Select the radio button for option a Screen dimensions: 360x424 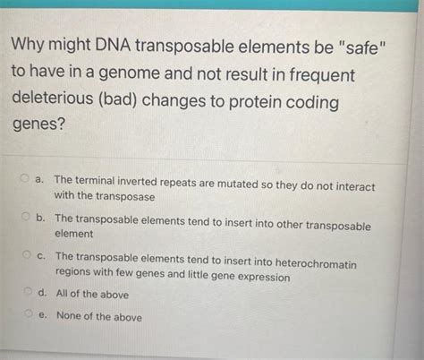pyautogui.click(x=26, y=180)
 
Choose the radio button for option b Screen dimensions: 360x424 pyautogui.click(x=26, y=218)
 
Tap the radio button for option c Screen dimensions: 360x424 pyautogui.click(x=26, y=256)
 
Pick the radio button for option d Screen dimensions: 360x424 pyautogui.click(x=27, y=293)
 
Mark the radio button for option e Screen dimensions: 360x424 pyautogui.click(x=27, y=314)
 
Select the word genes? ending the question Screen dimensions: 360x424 pyautogui.click(x=38, y=131)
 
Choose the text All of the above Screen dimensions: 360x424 pyautogui.click(x=91, y=294)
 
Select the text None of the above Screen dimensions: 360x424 pyautogui.click(x=98, y=315)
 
